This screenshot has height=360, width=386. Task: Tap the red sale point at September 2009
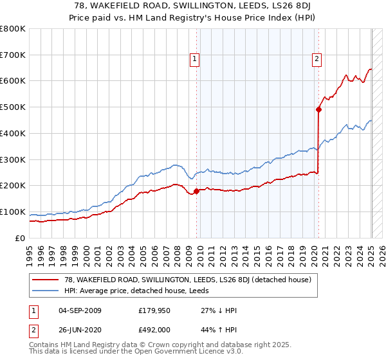click(x=197, y=190)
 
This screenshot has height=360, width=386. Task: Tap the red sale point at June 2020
click(x=318, y=109)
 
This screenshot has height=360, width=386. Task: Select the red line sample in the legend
click(x=46, y=280)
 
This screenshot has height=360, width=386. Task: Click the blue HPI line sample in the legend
click(x=46, y=291)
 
